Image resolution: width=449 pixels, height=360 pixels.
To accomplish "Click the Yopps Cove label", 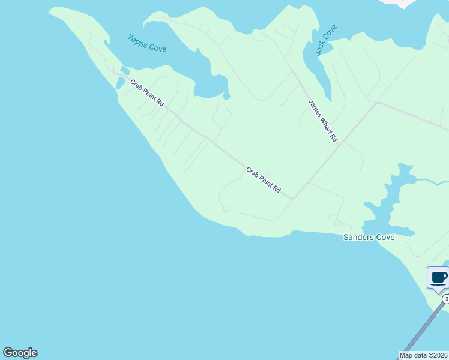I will tap(147, 43).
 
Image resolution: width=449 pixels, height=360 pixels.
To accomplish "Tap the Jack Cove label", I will tap(327, 40).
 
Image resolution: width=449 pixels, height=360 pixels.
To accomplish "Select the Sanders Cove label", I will tap(369, 238).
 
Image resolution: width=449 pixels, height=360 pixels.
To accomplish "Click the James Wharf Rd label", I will tap(323, 121).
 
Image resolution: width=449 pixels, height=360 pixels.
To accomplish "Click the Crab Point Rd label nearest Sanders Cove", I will tap(263, 180).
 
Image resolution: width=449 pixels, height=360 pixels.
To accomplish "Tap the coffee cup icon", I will tap(439, 278).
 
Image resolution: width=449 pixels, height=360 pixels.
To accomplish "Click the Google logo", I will tap(20, 353).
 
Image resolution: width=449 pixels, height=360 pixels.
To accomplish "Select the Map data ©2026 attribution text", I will tap(424, 355).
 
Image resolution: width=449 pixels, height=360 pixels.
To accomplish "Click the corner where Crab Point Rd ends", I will tap(292, 198).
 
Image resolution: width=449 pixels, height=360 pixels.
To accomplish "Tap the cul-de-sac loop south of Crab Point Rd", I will tap(226, 209).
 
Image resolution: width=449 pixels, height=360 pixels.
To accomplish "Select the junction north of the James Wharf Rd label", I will tap(292, 71).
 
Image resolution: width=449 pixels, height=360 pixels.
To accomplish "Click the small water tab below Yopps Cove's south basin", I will tap(226, 95).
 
